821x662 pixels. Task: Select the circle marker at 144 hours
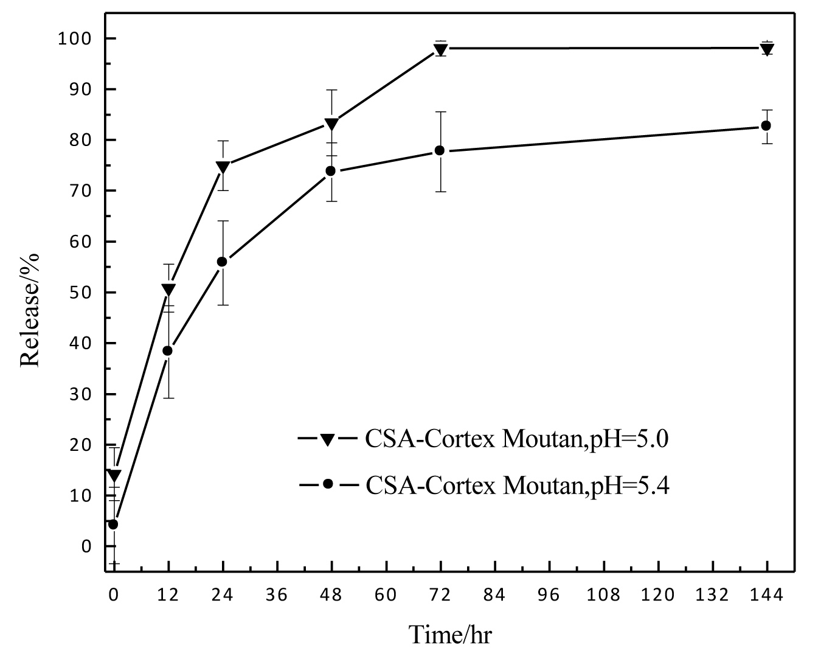pos(766,125)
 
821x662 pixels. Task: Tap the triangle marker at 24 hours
pos(223,167)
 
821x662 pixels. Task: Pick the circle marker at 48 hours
pos(331,171)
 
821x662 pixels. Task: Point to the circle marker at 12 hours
pos(167,350)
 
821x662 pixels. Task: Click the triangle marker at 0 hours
pos(114,475)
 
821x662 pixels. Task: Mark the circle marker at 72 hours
pos(440,150)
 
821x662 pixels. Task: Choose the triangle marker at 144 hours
pos(767,49)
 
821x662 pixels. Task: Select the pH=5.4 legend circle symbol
pos(328,484)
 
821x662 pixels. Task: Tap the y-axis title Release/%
pos(30,309)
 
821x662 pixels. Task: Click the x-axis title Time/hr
pos(450,634)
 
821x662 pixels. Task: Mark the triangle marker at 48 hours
pos(331,124)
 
